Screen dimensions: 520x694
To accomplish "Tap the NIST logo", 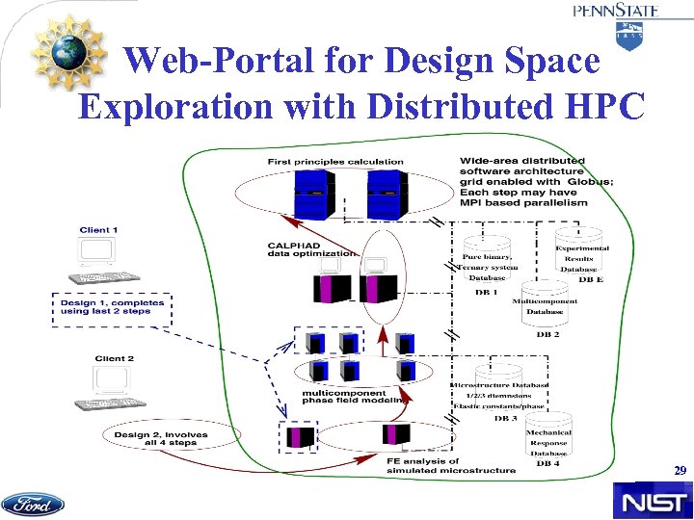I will [653, 502].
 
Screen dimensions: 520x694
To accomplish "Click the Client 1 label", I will [99, 230].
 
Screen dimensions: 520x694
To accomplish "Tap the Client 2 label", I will [114, 359].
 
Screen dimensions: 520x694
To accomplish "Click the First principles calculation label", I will [323, 160].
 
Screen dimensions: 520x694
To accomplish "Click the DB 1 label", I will [483, 291].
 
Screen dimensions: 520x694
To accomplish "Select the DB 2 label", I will [547, 334].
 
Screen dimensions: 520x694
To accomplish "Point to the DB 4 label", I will [547, 464].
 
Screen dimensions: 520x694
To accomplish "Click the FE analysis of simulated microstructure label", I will [451, 465].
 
